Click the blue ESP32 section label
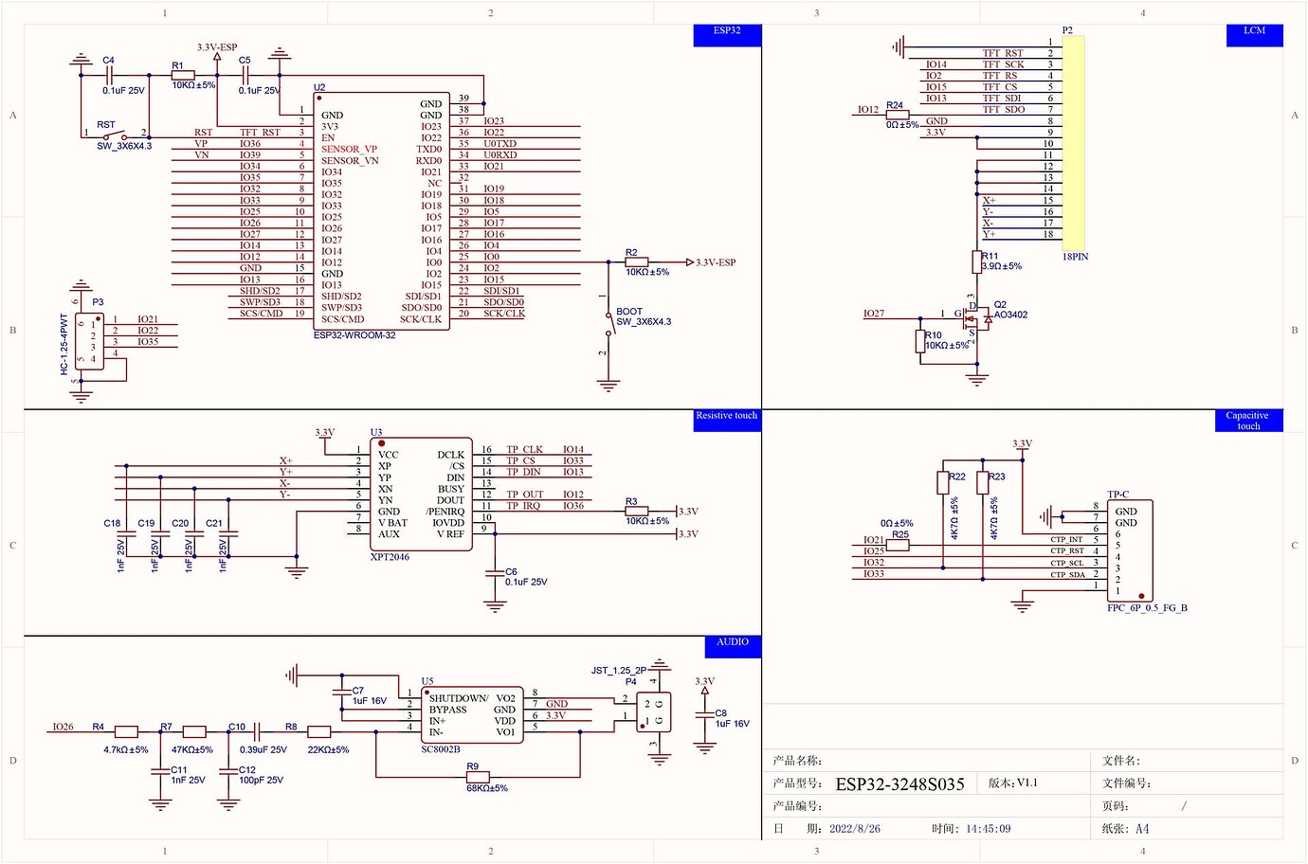tap(727, 31)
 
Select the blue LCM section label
tap(1254, 31)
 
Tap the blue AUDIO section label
tap(732, 642)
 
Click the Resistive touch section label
tap(726, 416)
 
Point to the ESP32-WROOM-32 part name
tap(354, 335)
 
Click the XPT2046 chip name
tap(390, 557)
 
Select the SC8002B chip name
tap(441, 749)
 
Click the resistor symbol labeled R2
tap(636, 262)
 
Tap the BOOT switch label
tap(629, 311)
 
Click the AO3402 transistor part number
tap(1010, 315)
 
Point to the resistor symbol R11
tap(977, 262)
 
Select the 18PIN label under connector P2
tap(1075, 257)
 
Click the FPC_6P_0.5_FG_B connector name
tap(1147, 608)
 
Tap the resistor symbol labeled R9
tap(478, 778)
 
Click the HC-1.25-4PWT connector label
tap(64, 344)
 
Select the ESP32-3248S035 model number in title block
tap(899, 784)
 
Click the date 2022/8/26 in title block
tap(854, 829)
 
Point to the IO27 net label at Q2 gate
tap(873, 314)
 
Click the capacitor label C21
tap(214, 523)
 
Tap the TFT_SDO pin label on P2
tap(1003, 110)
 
